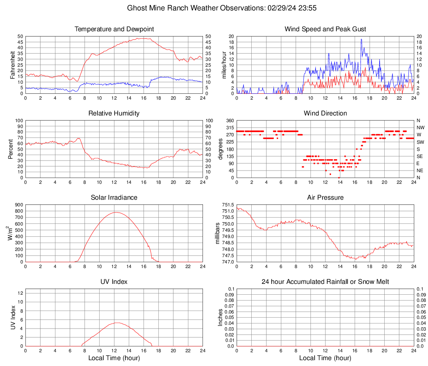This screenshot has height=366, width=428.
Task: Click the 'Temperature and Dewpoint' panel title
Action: tap(114, 29)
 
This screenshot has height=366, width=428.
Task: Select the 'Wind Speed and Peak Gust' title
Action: tap(325, 29)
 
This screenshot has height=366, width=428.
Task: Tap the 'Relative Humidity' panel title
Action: tap(114, 113)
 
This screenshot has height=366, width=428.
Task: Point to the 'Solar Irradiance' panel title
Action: tap(114, 198)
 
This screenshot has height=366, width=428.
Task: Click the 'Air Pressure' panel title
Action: tap(325, 198)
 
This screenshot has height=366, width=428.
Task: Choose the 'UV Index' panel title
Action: tap(114, 282)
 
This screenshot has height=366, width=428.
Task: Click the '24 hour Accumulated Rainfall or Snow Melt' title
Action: tap(325, 282)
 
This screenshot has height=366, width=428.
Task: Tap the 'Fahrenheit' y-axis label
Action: tap(12, 65)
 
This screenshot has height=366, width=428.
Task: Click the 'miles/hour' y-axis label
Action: tap(224, 65)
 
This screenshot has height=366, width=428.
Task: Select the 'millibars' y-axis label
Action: tap(217, 233)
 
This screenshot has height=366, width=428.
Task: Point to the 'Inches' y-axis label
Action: tap(220, 318)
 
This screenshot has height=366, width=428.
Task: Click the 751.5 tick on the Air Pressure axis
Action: tap(228, 205)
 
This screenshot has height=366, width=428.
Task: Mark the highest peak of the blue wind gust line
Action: tap(361, 39)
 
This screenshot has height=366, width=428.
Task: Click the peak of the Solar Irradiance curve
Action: tap(115, 212)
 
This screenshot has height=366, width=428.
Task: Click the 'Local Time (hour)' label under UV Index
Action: tap(114, 358)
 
